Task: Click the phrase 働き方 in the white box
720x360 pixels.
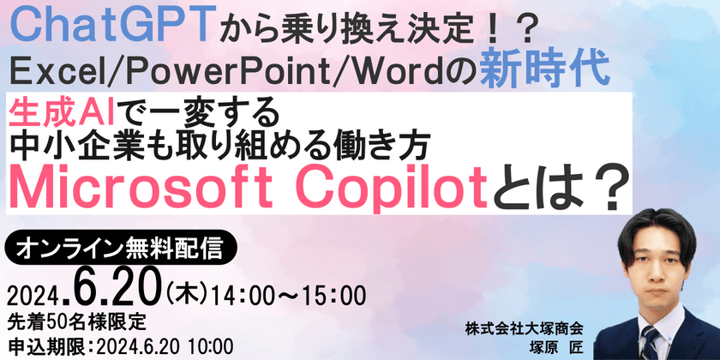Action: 415,141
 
